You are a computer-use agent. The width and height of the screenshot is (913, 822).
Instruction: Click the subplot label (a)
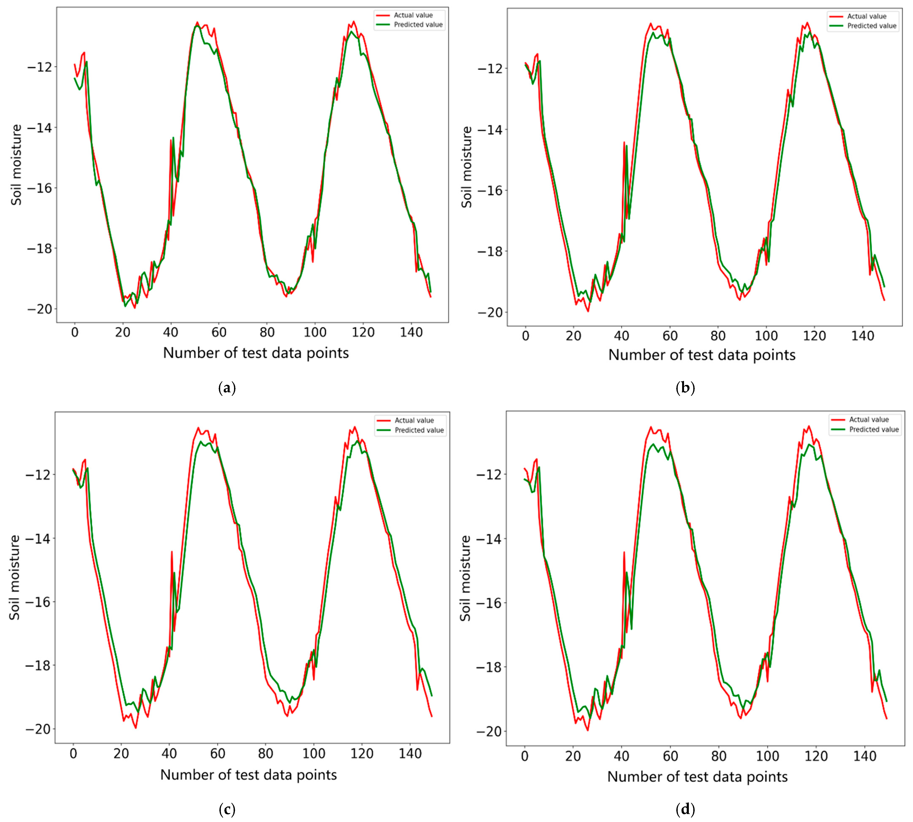(227, 388)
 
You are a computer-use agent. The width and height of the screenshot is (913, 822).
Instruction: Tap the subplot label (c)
(227, 810)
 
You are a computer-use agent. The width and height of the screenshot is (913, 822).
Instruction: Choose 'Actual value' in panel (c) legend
(414, 420)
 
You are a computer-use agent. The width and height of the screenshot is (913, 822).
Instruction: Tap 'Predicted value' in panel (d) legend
(874, 430)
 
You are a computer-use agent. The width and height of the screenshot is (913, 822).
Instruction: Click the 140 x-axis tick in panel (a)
(411, 333)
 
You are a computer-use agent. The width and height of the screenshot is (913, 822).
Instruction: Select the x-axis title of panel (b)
(702, 355)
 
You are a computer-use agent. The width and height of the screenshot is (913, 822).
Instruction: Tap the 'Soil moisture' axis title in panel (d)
(465, 578)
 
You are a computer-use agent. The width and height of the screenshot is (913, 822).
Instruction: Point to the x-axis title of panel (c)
(249, 775)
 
